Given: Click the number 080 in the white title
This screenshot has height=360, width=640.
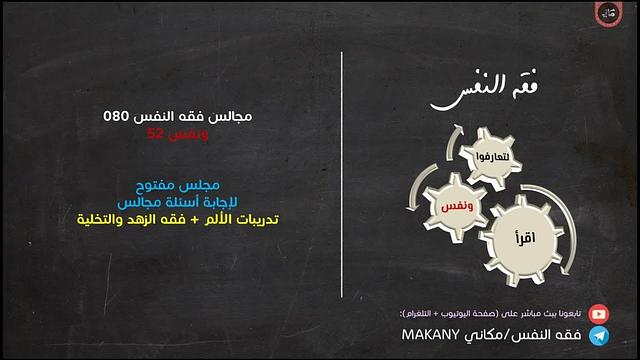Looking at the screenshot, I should [x=117, y=116].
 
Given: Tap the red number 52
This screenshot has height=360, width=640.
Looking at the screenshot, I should [x=155, y=132].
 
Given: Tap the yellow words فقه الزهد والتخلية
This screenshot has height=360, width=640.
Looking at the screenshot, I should [x=129, y=219].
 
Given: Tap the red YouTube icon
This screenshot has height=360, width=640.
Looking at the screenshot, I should [x=599, y=314].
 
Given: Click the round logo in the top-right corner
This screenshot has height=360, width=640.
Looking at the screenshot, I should [x=609, y=14].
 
